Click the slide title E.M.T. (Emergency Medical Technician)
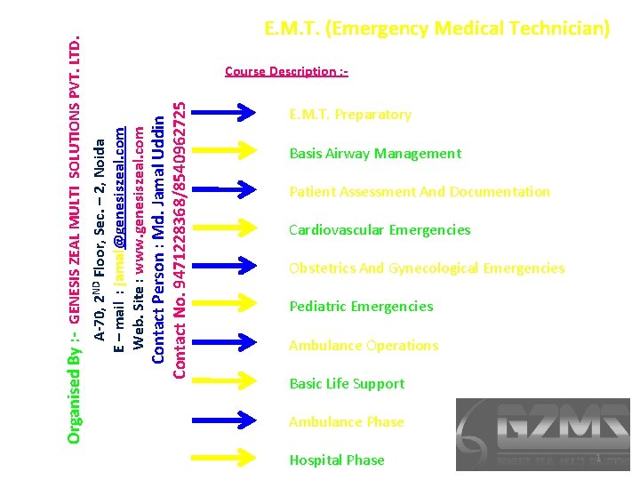pyautogui.click(x=437, y=29)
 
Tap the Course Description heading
pyautogui.click(x=286, y=71)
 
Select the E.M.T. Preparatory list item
pyautogui.click(x=350, y=115)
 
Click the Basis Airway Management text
pyautogui.click(x=375, y=154)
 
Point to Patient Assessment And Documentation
pyautogui.click(x=420, y=192)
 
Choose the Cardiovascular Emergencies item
pyautogui.click(x=380, y=230)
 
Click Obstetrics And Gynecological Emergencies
pyautogui.click(x=427, y=268)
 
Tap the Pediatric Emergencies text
pyautogui.click(x=361, y=307)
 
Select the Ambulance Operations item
pyautogui.click(x=364, y=346)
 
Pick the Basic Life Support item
pyautogui.click(x=347, y=384)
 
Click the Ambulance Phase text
pyautogui.click(x=347, y=422)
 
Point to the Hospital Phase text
pyautogui.click(x=337, y=460)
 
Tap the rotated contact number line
pyautogui.click(x=180, y=240)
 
